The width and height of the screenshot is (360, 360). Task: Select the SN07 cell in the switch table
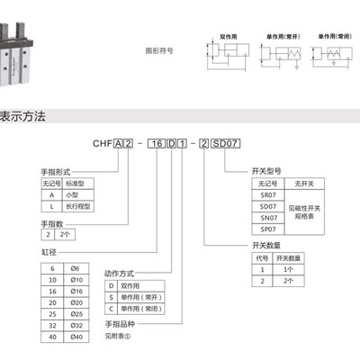click(267, 217)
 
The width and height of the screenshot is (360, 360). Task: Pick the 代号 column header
click(263, 256)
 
